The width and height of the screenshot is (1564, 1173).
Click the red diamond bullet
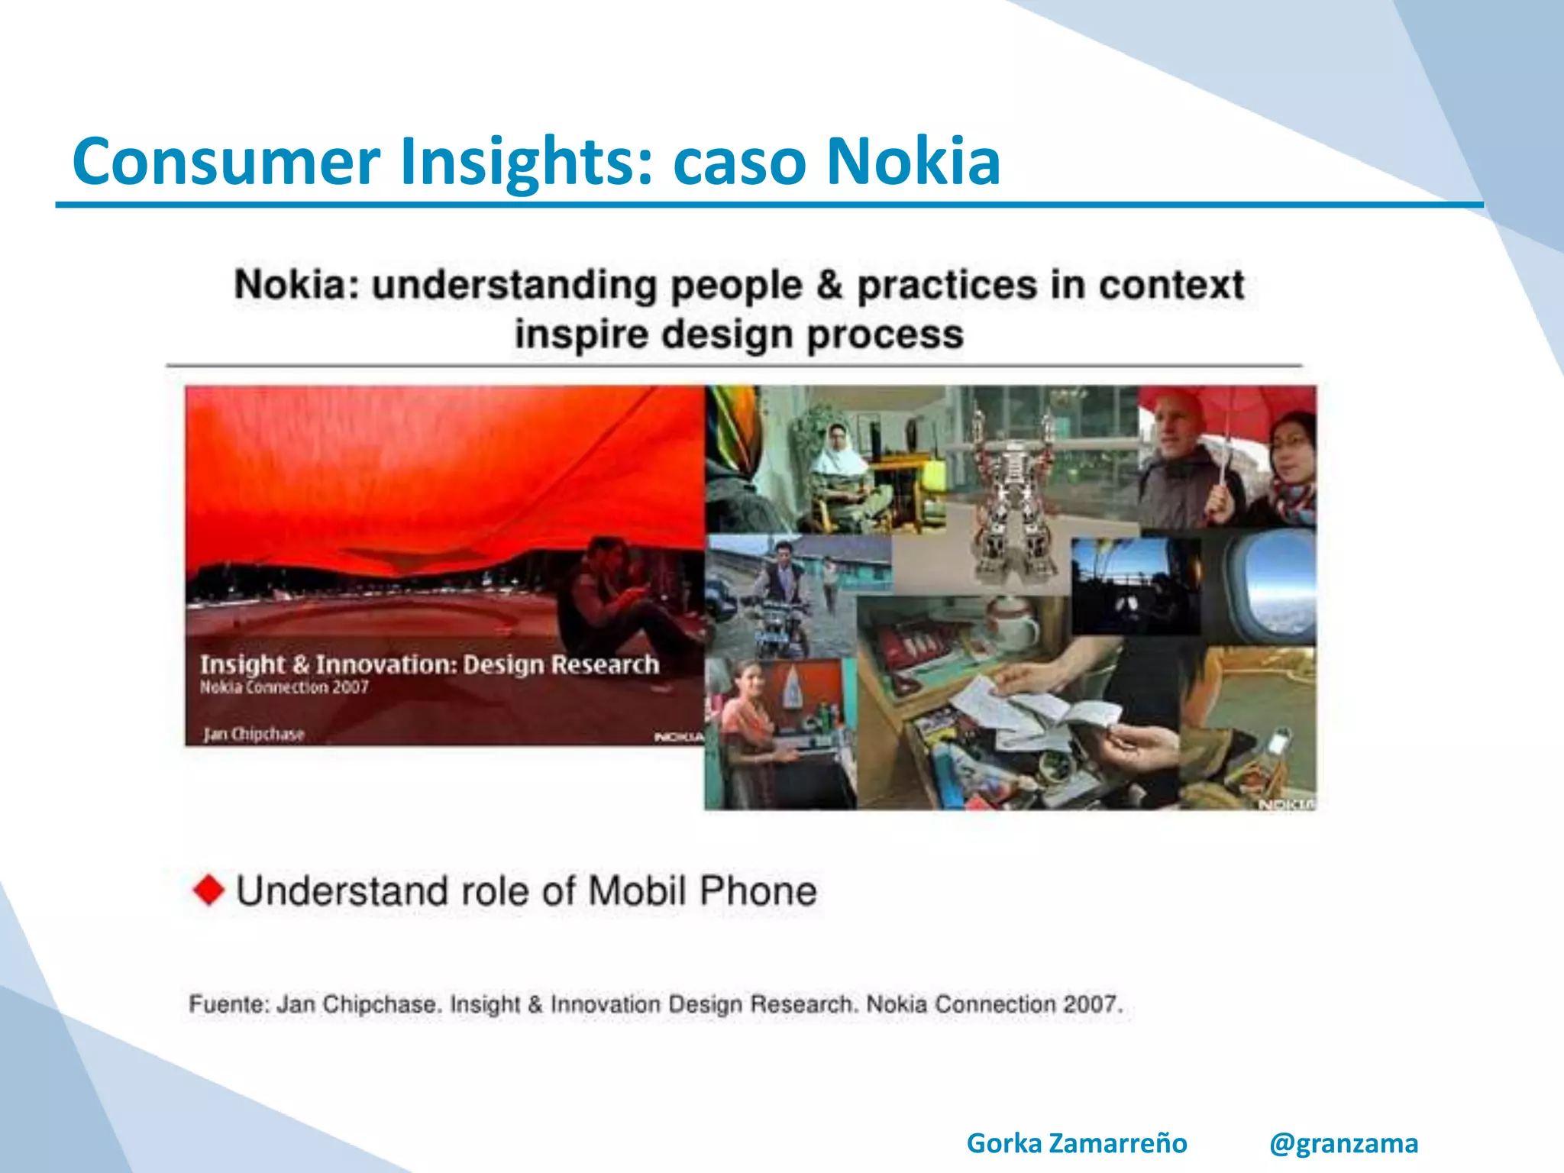tap(208, 890)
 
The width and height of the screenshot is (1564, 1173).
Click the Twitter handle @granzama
tap(1343, 1143)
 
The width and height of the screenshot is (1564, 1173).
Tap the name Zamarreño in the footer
tap(1117, 1143)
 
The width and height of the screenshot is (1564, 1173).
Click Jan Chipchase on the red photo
tap(254, 734)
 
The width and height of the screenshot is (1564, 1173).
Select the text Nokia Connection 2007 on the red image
tap(284, 687)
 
